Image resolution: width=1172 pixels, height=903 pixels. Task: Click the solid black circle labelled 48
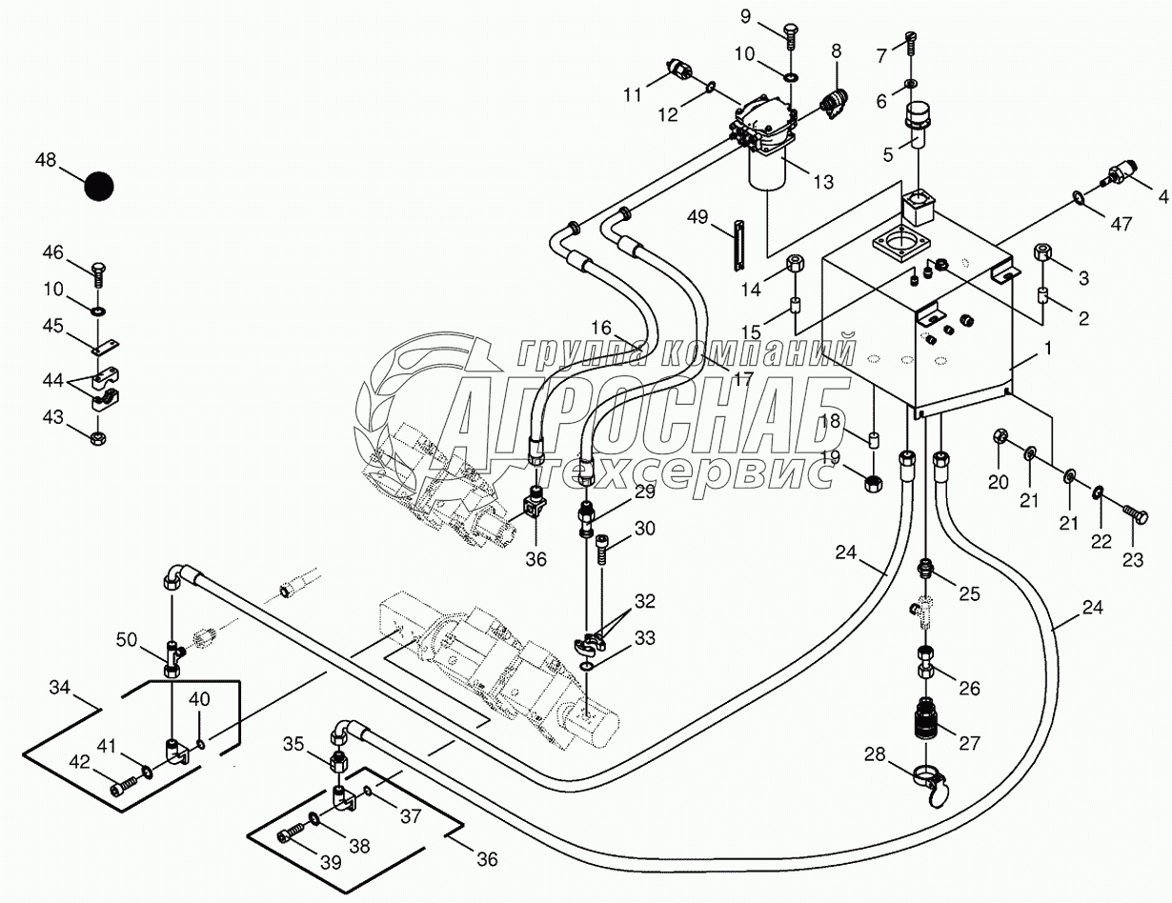coord(98,186)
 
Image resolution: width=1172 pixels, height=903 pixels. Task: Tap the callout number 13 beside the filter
coord(822,181)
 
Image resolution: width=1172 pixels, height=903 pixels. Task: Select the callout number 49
coord(697,217)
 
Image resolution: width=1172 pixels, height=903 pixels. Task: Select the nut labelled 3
coord(1043,254)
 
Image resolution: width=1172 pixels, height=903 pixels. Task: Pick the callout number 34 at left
coord(60,686)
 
